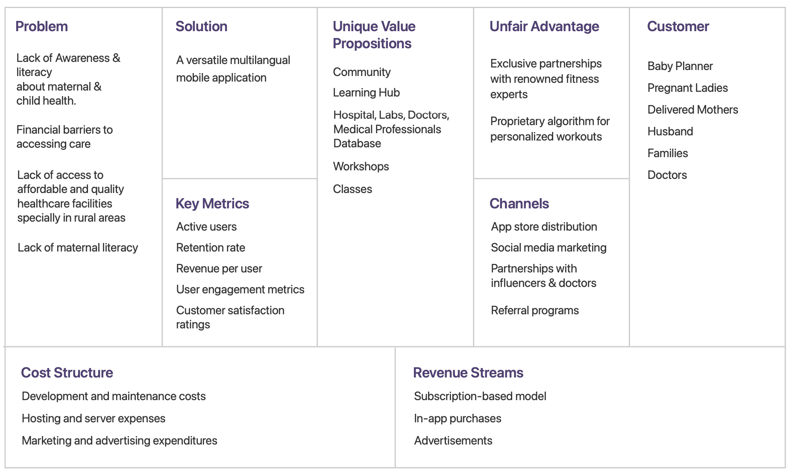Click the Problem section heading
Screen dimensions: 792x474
[41, 26]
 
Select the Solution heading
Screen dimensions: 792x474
[201, 26]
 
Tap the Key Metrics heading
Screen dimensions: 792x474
[212, 204]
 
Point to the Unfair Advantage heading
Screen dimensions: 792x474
[544, 26]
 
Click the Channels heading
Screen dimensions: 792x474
[519, 204]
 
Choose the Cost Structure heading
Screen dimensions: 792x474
[67, 373]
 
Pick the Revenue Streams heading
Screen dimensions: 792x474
[468, 373]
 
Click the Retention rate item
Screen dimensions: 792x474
[211, 248]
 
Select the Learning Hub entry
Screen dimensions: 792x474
[367, 93]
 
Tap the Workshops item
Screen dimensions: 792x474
[361, 167]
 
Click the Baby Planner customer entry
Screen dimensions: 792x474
[680, 66]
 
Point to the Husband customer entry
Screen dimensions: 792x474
[670, 132]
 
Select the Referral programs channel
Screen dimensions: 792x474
[535, 310]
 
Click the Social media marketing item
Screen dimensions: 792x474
[549, 248]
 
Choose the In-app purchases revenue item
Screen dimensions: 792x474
[458, 418]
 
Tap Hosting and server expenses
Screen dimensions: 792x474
[94, 418]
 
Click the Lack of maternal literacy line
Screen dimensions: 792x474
[78, 248]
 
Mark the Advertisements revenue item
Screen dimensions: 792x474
[453, 441]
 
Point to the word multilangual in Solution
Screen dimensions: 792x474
[260, 60]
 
